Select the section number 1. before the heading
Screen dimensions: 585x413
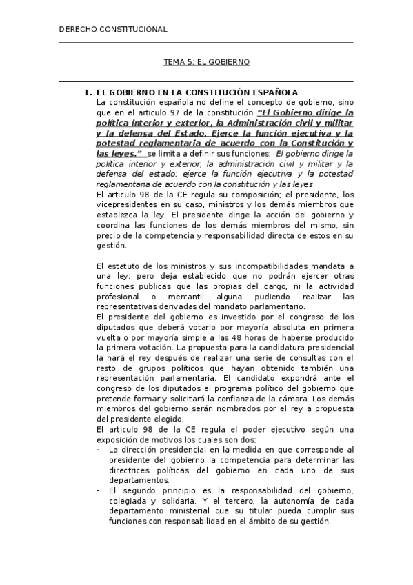tap(88, 92)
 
